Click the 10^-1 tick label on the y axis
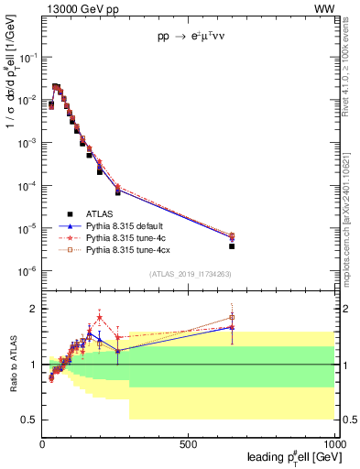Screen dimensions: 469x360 point(27,57)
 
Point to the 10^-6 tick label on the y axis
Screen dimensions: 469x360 point(27,271)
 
